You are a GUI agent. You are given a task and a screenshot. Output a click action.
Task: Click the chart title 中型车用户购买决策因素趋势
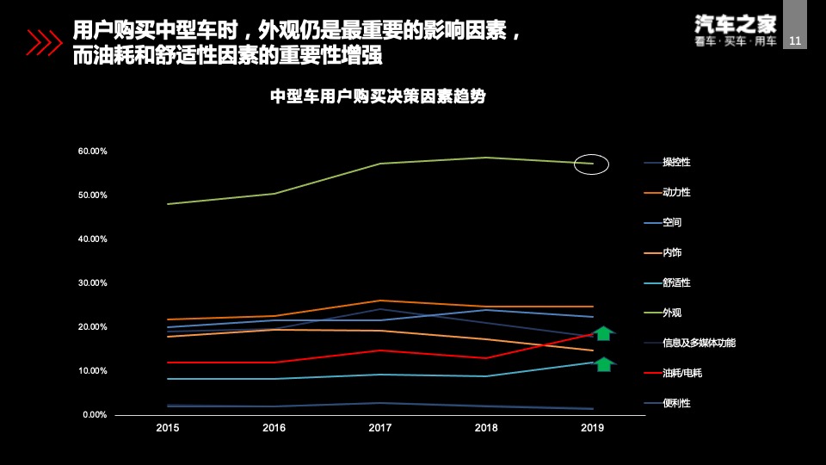379,97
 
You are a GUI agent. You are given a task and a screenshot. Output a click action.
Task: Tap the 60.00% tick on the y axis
92,152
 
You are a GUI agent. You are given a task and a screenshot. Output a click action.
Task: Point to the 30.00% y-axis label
92,283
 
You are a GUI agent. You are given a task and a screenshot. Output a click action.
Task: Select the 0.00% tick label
94,415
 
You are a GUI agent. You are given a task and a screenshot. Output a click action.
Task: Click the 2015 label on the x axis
168,428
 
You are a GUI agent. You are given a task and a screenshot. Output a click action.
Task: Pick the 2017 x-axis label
379,428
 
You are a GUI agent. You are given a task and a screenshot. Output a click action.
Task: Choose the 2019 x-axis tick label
592,428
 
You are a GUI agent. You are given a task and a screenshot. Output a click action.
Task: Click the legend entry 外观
672,313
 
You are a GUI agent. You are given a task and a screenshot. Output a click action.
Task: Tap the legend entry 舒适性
676,282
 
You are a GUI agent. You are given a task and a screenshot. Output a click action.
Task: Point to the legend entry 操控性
676,162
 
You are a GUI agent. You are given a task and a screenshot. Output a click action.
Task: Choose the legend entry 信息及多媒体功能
699,343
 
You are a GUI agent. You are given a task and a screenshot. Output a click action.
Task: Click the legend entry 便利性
676,403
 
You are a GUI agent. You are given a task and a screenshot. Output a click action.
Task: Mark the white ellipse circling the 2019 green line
591,163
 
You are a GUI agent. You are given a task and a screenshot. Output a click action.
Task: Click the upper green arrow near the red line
604,333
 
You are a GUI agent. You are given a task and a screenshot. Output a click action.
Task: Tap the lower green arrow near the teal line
604,363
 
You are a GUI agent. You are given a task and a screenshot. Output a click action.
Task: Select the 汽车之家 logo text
735,23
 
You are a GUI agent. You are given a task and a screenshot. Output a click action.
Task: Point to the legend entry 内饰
672,252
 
